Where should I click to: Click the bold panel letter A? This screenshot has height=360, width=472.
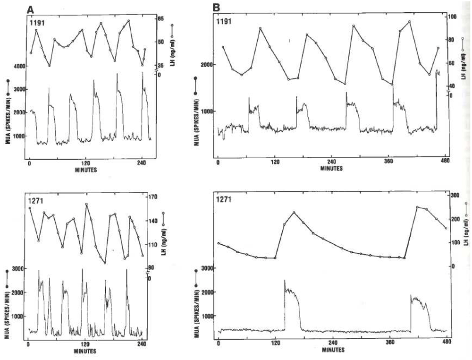(30, 9)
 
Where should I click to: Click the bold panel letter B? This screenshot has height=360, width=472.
(218, 8)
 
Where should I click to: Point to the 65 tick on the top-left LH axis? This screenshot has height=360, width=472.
(160, 18)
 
